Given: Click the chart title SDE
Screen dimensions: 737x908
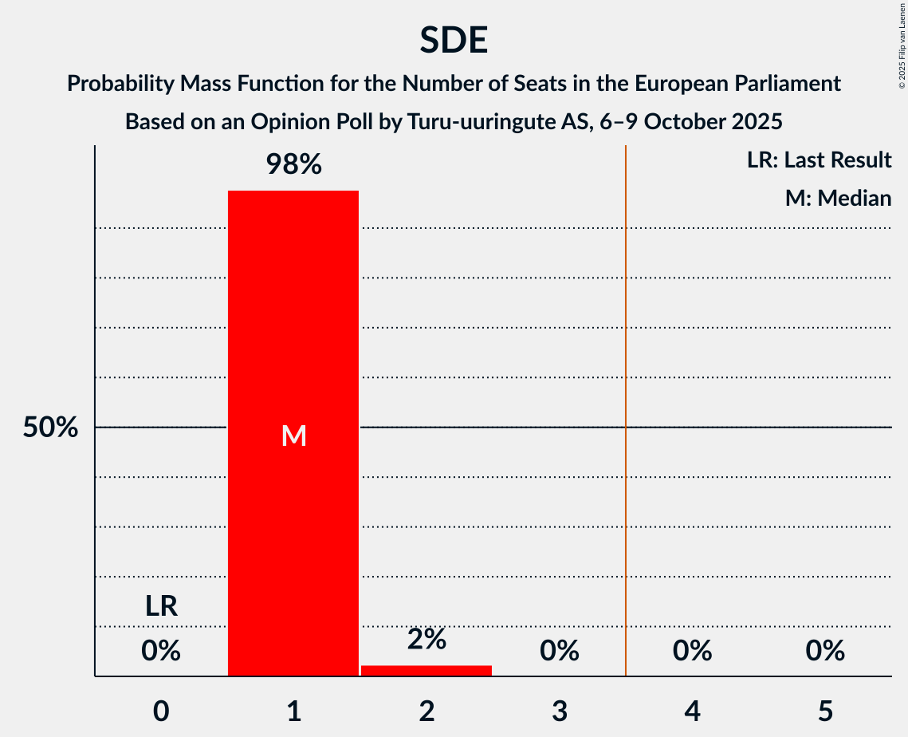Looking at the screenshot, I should click(x=454, y=40).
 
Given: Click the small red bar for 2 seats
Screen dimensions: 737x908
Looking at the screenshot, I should click(x=426, y=671).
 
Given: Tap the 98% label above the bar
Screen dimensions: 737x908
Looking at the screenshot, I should click(x=293, y=165).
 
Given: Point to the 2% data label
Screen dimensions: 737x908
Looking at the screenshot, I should click(x=426, y=640).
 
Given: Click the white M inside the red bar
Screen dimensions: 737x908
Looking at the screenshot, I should click(x=293, y=436).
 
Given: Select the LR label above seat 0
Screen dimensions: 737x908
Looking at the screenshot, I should click(x=161, y=607).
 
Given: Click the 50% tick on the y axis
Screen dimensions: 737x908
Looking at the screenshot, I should click(x=50, y=428).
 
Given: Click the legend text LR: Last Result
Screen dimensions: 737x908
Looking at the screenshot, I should click(x=819, y=160).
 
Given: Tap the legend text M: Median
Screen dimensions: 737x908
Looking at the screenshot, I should click(x=838, y=198).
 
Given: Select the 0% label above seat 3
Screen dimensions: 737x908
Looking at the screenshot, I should click(x=560, y=652).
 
